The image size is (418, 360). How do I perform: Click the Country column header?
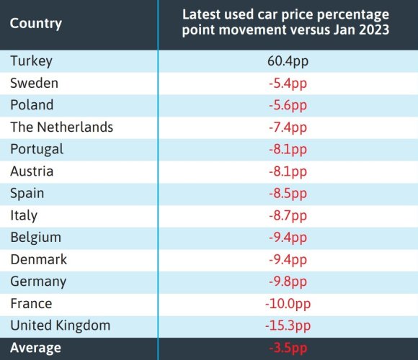36,23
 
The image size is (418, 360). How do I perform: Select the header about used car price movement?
287,23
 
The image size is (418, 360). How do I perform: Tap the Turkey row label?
31,61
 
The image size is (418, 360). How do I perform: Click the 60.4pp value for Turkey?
287,61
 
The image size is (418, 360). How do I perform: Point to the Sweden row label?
34,83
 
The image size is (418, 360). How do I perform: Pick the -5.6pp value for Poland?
287,105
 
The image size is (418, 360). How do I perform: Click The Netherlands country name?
61,127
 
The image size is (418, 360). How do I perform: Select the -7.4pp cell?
287,127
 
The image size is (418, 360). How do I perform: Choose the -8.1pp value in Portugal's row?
287,149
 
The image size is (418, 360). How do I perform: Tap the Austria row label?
32,171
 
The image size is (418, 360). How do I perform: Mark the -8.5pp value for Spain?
287,193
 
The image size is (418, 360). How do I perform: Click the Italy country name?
24,215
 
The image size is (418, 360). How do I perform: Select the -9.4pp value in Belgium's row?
287,238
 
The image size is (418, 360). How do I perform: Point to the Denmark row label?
38,259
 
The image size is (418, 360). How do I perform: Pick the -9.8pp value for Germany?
287,282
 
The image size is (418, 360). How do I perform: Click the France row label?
31,304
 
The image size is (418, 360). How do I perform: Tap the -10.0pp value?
287,304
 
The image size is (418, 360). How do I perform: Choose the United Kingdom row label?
60,325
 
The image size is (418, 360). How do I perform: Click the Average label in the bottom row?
36,348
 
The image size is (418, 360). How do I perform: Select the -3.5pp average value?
287,348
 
